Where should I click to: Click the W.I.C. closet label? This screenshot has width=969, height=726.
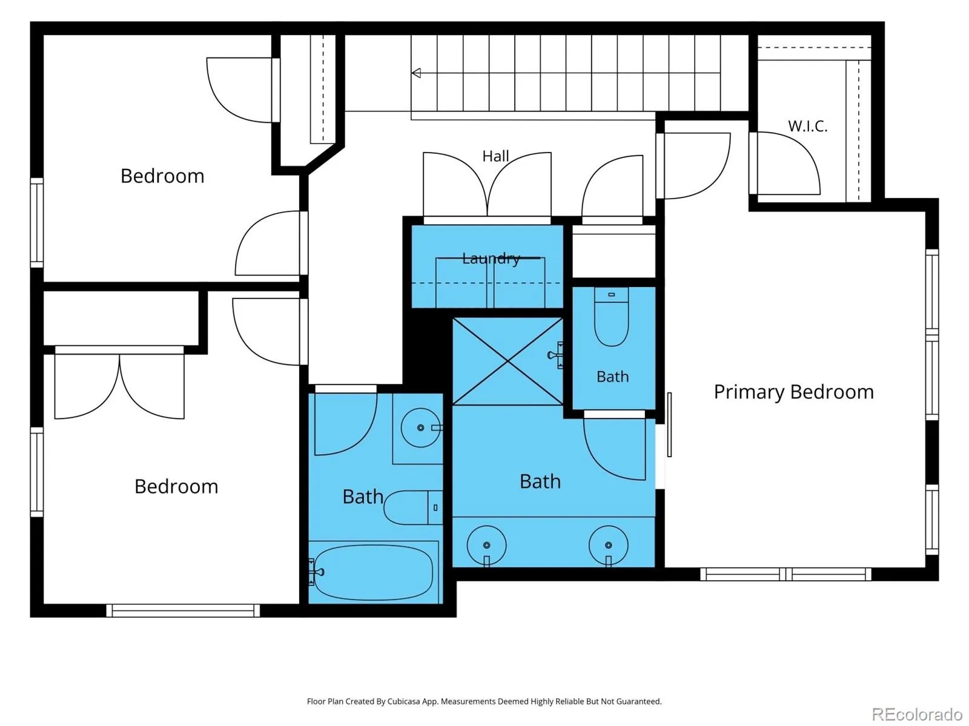click(807, 126)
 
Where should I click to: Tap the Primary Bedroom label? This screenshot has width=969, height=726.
click(794, 392)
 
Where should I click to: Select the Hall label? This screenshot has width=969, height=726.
click(495, 156)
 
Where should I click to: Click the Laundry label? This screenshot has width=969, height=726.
click(491, 258)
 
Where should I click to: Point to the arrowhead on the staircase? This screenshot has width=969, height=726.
click(416, 73)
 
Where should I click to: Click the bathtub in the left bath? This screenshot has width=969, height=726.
click(374, 572)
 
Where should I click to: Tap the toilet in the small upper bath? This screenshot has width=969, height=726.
click(612, 317)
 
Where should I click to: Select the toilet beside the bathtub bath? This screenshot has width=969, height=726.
click(413, 507)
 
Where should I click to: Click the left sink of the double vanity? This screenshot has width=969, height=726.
click(486, 546)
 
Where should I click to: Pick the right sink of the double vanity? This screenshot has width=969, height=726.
click(608, 546)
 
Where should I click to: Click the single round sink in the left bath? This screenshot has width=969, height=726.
click(421, 427)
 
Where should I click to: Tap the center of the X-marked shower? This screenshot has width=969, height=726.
click(508, 361)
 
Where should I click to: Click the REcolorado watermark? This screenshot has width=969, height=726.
click(917, 714)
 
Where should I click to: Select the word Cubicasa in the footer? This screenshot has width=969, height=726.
click(403, 701)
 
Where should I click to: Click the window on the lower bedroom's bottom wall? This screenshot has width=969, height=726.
click(183, 611)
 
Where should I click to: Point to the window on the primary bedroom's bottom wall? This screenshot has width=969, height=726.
click(785, 574)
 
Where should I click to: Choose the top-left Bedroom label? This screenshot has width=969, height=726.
click(162, 176)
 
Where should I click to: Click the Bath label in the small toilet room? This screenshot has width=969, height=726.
click(613, 377)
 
